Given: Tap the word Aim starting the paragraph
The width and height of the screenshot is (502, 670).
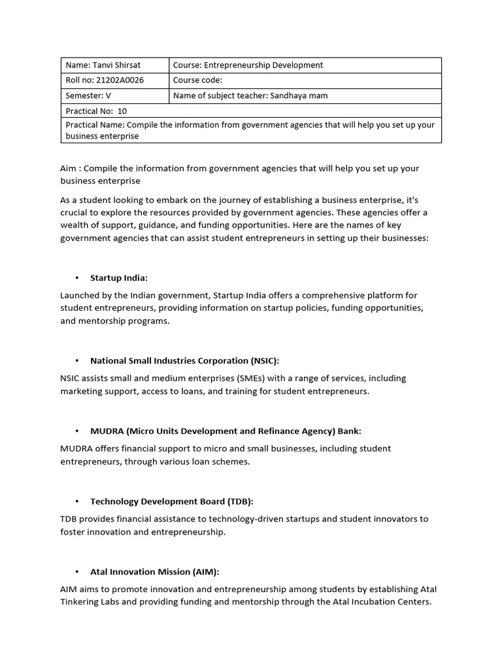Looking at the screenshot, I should pos(69,168).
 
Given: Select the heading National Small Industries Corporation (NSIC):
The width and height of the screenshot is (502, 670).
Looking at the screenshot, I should pos(184,361).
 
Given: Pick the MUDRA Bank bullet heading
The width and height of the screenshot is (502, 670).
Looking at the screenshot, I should pos(226,431).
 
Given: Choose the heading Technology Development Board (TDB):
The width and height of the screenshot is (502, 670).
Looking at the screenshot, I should pos(171,501).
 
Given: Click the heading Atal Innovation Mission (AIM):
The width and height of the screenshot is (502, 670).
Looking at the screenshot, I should pos(154,572).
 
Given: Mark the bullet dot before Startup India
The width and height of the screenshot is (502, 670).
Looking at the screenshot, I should pos(77,278).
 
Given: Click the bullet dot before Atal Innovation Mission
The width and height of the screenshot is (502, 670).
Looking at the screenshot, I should pos(77,572).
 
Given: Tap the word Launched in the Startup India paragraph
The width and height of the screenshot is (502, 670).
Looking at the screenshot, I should pos(79,296).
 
